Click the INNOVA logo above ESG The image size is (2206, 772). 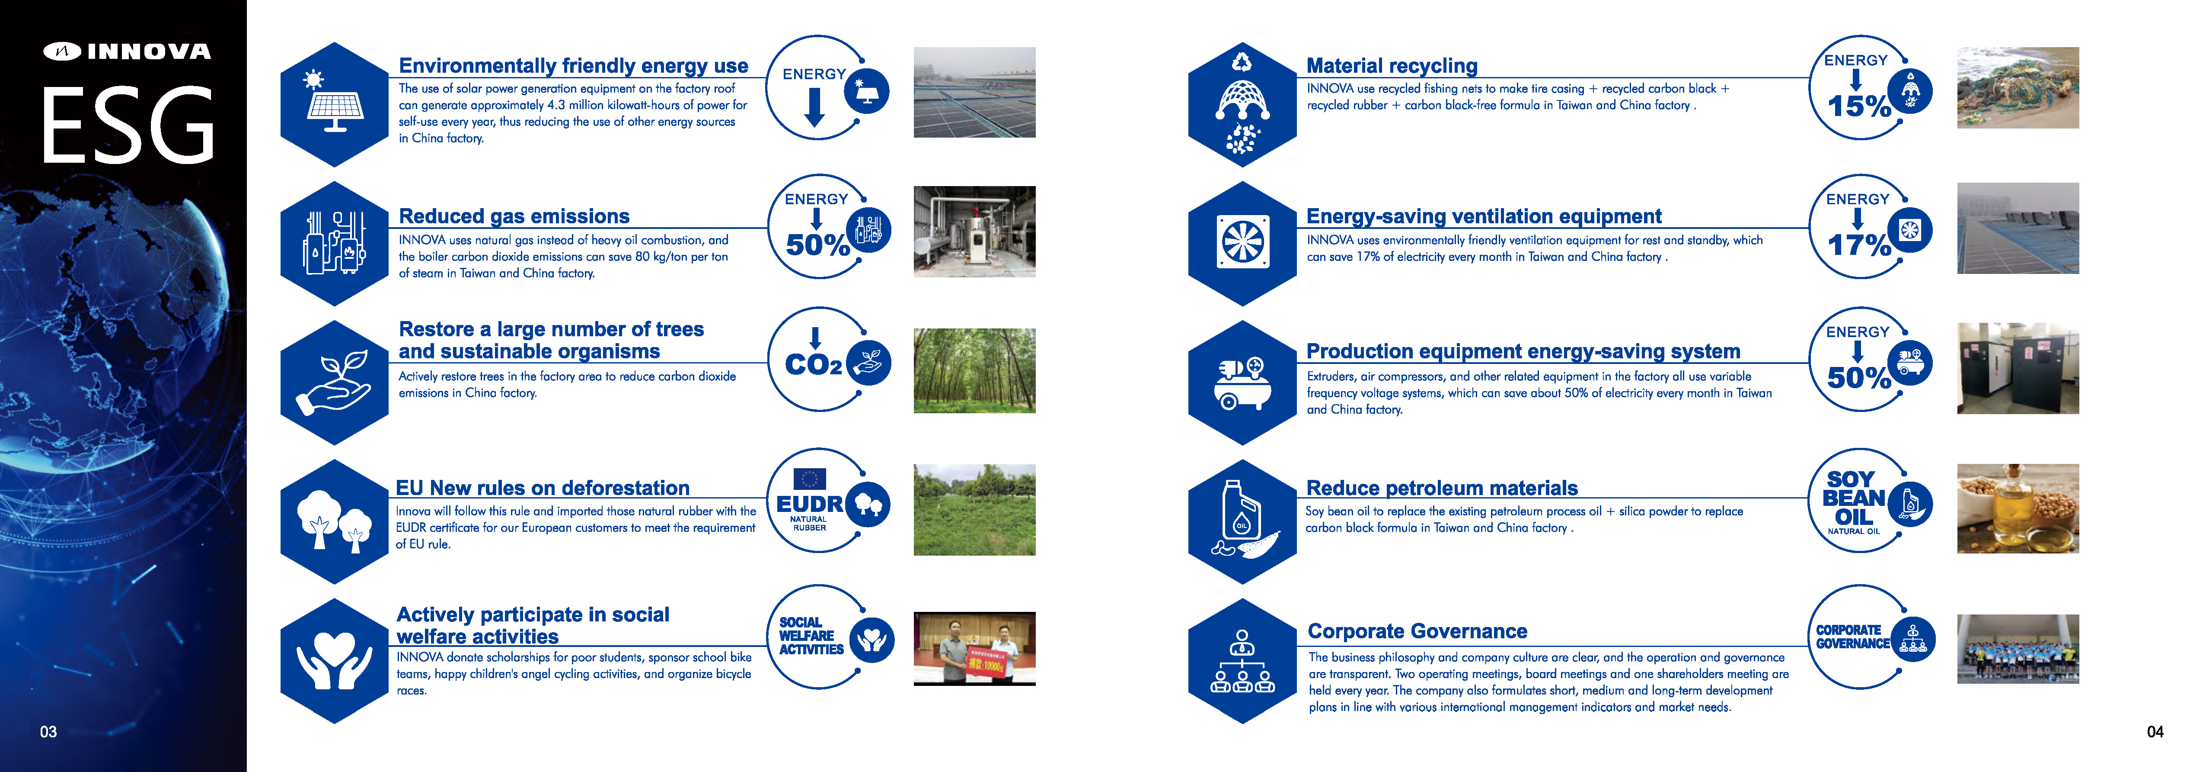(x=128, y=51)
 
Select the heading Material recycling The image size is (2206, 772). (x=1392, y=66)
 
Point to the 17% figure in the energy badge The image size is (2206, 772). (x=1858, y=245)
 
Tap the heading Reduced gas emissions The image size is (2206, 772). (x=514, y=216)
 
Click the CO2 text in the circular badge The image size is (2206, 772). (x=814, y=365)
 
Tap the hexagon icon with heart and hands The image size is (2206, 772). (x=335, y=661)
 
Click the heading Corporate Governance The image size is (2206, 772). (x=1417, y=631)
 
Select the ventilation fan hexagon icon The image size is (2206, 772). (x=1242, y=243)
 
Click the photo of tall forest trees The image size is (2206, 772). (x=974, y=371)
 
